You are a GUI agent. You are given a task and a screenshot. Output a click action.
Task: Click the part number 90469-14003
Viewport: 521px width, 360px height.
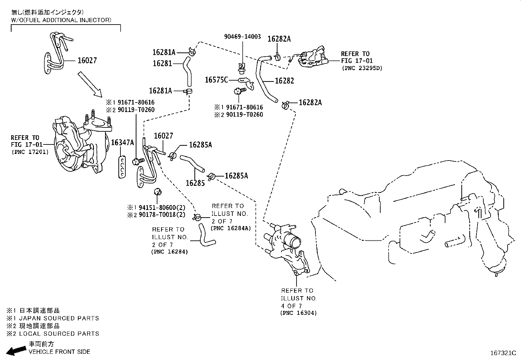coord(243,37)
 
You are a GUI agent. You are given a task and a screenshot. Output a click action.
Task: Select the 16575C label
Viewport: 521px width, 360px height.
coord(216,80)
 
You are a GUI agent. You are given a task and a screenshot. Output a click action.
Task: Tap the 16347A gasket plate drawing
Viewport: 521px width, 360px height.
coord(122,167)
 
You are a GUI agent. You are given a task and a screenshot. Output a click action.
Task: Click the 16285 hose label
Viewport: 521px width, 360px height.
coord(195,183)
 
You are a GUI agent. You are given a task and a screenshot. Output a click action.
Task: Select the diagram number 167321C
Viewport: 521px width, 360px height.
coord(503,353)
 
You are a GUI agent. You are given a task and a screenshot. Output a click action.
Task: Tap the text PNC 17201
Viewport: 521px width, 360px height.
coord(30,152)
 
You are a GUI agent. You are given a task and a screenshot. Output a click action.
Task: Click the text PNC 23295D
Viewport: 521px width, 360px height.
coord(362,68)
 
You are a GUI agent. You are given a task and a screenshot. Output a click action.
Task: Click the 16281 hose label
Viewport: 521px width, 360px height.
coord(162,63)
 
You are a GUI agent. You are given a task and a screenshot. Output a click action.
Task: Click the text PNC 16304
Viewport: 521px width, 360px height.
coord(298,313)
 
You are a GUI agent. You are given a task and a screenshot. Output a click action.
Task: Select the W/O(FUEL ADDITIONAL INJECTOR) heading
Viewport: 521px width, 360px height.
coord(61,20)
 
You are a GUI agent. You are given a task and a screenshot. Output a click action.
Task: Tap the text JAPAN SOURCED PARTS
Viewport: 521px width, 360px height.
coord(59,318)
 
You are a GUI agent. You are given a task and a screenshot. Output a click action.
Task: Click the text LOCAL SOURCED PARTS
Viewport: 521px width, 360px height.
coord(59,334)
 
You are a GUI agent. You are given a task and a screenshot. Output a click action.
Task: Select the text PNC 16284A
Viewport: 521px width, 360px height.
coord(231,228)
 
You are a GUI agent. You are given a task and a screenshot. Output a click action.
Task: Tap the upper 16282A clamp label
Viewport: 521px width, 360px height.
coord(279,39)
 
